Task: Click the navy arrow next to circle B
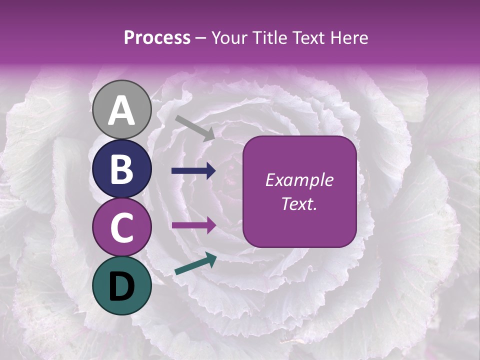pos(193,171)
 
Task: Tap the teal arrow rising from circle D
pos(195,264)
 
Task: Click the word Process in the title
pos(157,37)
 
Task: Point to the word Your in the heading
pos(230,37)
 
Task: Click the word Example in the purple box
pos(299,180)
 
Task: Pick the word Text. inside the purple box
pos(299,203)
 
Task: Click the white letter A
pos(121,111)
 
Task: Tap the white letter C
pos(121,227)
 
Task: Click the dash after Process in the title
pos(200,38)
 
